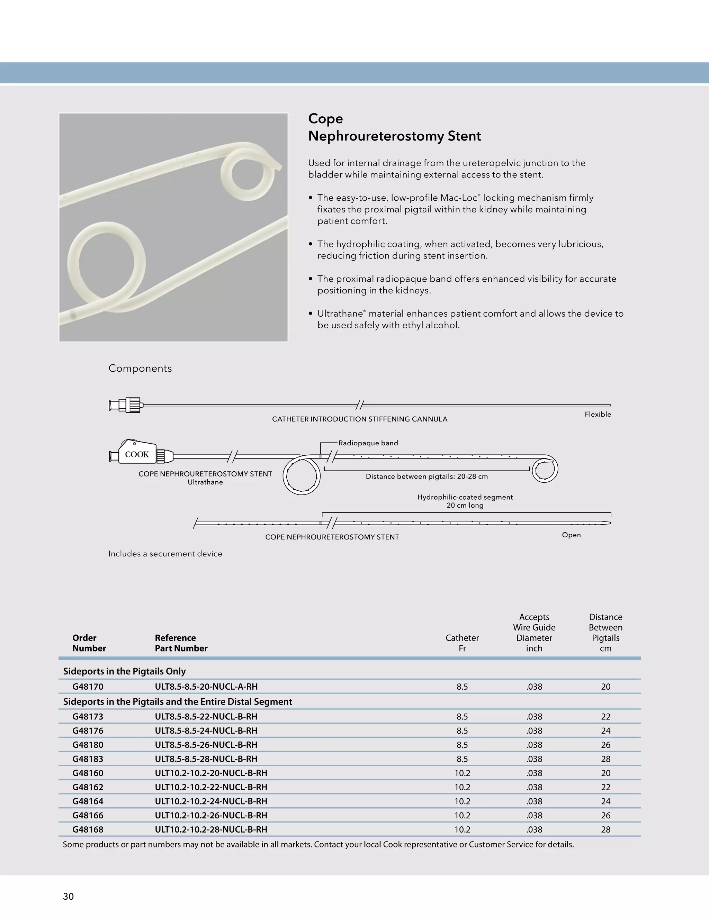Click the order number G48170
click(88, 687)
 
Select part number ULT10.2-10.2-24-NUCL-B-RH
click(211, 801)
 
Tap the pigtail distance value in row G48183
click(605, 759)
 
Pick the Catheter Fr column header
click(462, 643)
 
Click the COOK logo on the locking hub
click(137, 454)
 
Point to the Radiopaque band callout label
click(368, 443)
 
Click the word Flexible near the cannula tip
click(598, 414)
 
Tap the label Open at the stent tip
click(571, 535)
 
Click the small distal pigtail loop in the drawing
click(545, 470)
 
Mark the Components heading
click(140, 368)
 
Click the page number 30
click(69, 897)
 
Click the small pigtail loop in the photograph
click(248, 173)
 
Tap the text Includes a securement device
click(165, 554)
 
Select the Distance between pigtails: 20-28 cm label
click(426, 476)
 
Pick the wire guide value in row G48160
click(534, 773)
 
